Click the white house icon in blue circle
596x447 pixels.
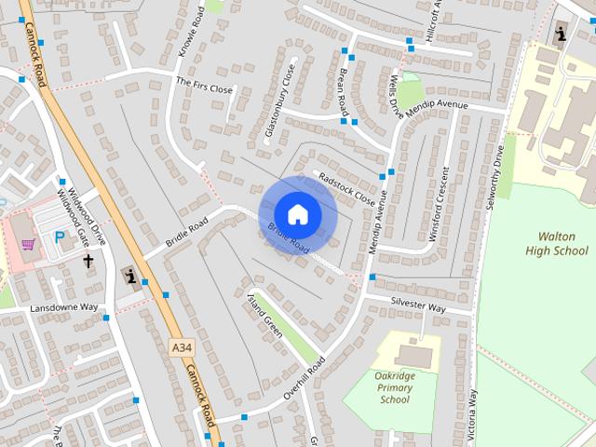click(x=297, y=214)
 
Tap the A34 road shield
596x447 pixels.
click(x=182, y=347)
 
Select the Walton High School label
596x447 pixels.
click(x=556, y=244)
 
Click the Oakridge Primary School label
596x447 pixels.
click(x=395, y=387)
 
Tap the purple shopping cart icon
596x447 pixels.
click(x=29, y=245)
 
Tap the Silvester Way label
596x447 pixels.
click(x=417, y=305)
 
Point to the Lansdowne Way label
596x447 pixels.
click(x=63, y=307)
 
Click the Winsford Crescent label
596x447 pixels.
click(x=438, y=205)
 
